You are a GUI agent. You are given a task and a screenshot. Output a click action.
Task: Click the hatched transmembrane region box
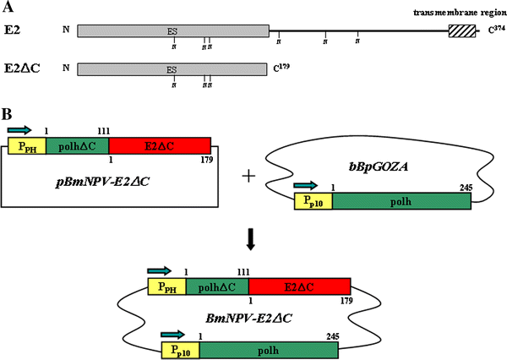point(461,30)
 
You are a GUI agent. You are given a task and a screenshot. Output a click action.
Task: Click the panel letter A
point(7,7)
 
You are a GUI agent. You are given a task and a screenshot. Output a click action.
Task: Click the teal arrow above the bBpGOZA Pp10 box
point(308,183)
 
